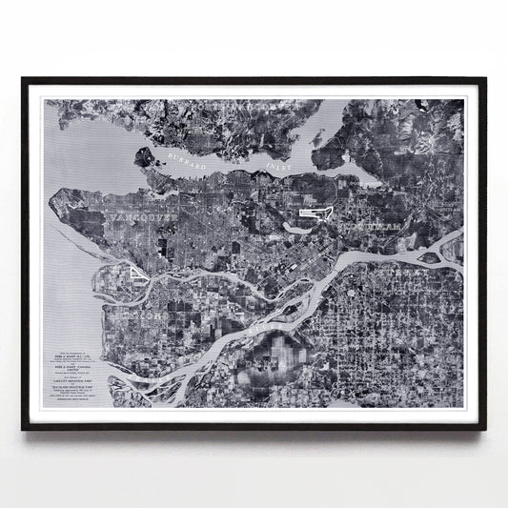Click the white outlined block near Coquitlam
point(314,213)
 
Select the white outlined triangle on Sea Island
point(137,274)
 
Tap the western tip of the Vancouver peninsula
point(59,199)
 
